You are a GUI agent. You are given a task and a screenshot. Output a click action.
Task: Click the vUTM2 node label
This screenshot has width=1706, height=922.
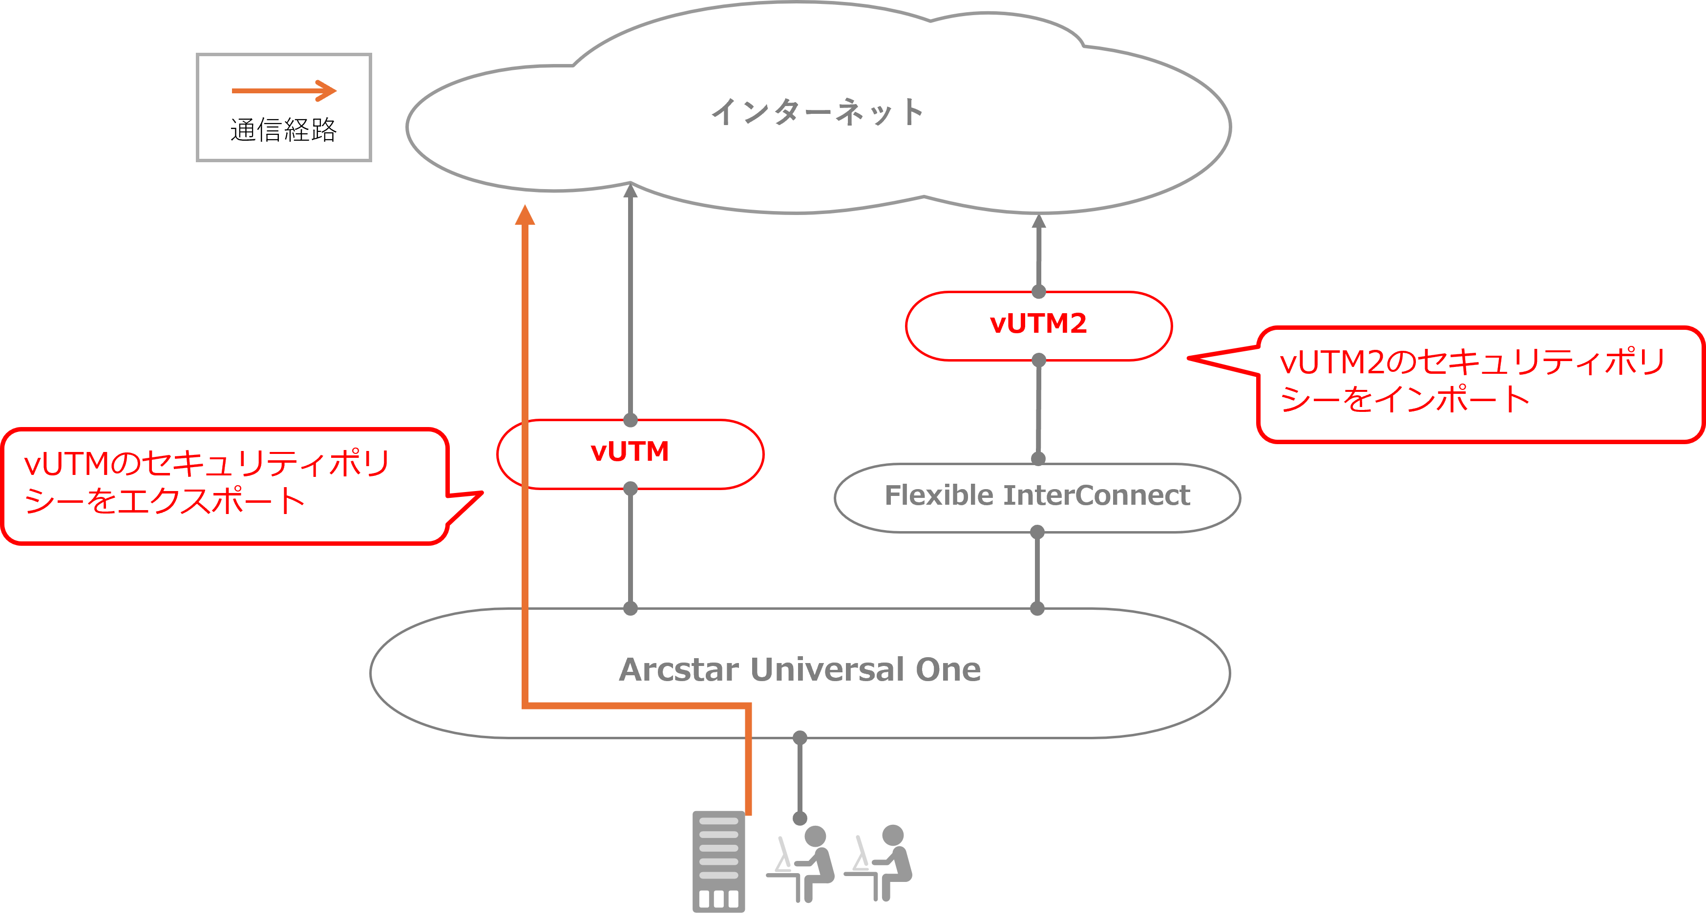point(1038,324)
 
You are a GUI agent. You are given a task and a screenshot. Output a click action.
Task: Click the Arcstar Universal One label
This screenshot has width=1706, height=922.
point(800,670)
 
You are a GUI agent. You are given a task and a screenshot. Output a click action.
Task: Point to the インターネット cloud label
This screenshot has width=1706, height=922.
point(817,112)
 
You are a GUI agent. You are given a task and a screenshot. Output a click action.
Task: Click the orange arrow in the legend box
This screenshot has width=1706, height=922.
point(284,91)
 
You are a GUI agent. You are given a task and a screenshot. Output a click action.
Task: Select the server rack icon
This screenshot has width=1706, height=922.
point(718,861)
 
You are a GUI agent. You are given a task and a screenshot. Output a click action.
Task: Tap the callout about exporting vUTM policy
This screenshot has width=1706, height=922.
point(225,486)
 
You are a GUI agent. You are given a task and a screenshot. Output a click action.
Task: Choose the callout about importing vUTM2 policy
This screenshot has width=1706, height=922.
point(1478,384)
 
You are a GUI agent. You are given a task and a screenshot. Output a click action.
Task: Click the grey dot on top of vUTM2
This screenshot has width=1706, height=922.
point(1038,291)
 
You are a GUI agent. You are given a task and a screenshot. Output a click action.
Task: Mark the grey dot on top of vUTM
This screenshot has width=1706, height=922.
point(631,420)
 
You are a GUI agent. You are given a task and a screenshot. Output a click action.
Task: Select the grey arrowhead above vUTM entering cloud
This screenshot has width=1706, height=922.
point(631,191)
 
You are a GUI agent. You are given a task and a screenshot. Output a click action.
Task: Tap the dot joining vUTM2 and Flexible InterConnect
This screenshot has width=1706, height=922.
point(1038,458)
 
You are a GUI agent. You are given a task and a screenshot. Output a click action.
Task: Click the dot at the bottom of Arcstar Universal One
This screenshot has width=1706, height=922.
point(800,737)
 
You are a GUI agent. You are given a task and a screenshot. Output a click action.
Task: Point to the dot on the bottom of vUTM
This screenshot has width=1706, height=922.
point(631,489)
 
